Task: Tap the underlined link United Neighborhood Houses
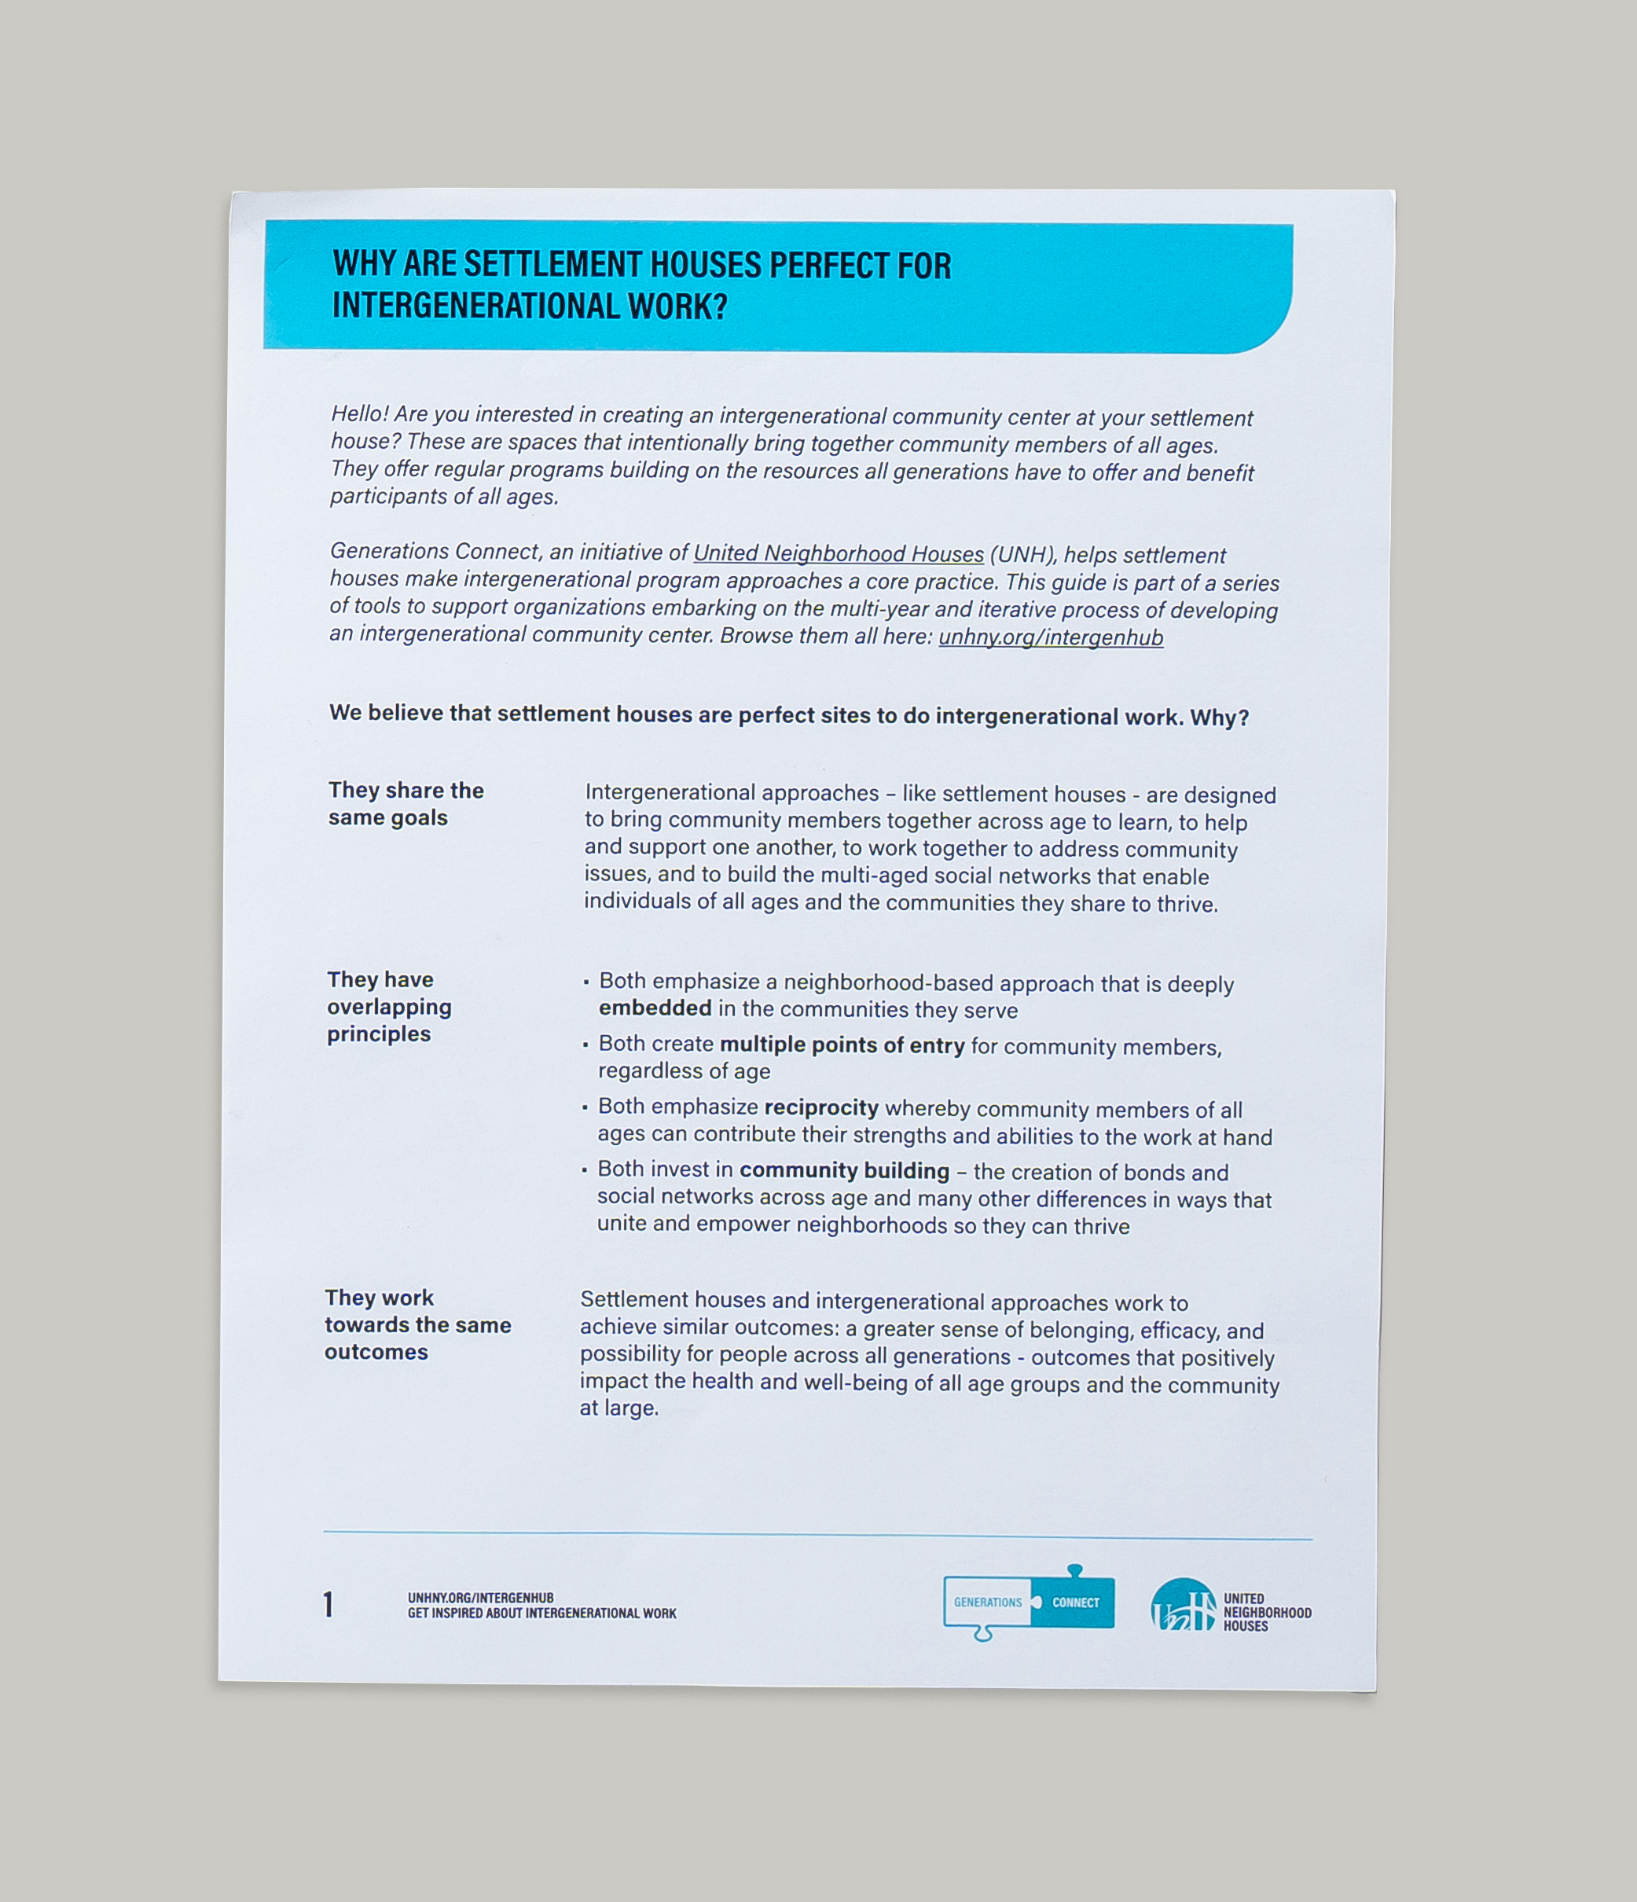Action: point(839,553)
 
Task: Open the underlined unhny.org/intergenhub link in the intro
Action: point(1050,637)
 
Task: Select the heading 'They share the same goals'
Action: point(406,804)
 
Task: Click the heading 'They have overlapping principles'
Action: point(389,1007)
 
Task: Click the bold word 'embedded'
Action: point(655,1008)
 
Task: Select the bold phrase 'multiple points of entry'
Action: point(842,1045)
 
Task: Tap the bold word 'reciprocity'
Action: point(820,1108)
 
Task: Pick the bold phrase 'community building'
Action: point(844,1170)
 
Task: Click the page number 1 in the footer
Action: point(328,1605)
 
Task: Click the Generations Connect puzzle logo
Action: point(1028,1603)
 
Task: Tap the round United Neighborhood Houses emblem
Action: point(1184,1606)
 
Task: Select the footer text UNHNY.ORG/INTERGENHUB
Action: point(480,1597)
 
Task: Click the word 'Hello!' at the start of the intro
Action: point(359,414)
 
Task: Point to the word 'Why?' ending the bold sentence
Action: point(1219,718)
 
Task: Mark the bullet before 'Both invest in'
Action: point(584,1170)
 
